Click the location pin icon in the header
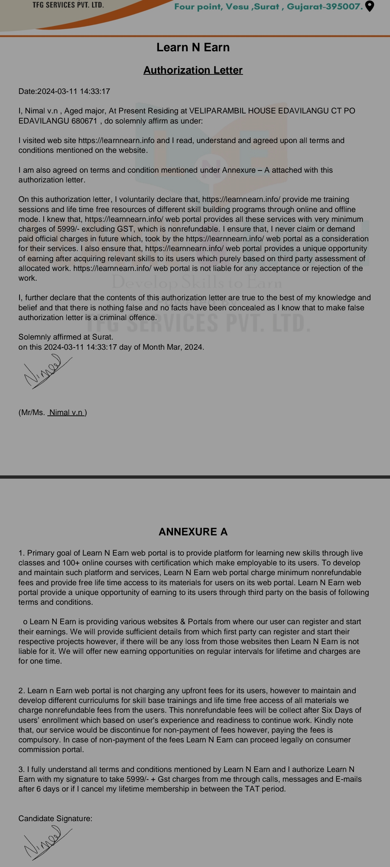tap(370, 6)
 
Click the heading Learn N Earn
tap(193, 47)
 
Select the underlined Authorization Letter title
tap(193, 70)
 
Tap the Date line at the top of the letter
tap(64, 91)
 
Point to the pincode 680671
tap(84, 121)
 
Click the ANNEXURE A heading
tap(193, 532)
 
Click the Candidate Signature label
tap(55, 819)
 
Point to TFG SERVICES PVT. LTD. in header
tap(68, 5)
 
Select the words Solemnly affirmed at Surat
tap(66, 337)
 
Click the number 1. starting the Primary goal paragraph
tap(22, 553)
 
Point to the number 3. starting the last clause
tap(22, 769)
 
